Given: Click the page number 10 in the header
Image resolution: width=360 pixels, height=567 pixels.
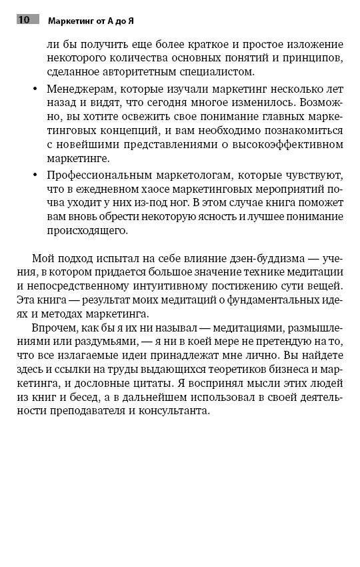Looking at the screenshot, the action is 24,19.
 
